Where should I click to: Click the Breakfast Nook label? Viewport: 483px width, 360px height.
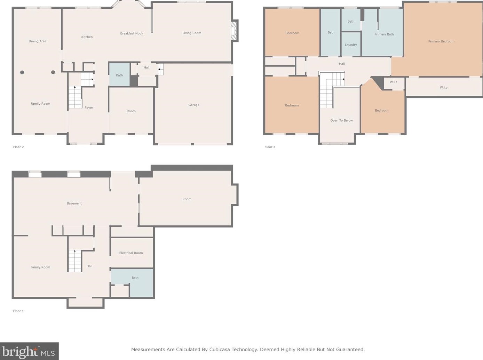pyautogui.click(x=132, y=33)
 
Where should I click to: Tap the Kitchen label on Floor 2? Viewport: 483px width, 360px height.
pyautogui.click(x=87, y=37)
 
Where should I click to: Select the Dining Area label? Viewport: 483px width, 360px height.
pyautogui.click(x=37, y=41)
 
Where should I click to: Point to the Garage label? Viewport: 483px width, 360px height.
pyautogui.click(x=193, y=105)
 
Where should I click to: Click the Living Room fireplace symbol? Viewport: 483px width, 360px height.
pyautogui.click(x=234, y=31)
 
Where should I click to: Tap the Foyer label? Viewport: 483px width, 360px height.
pyautogui.click(x=89, y=108)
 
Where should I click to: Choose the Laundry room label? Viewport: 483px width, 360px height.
pyautogui.click(x=351, y=45)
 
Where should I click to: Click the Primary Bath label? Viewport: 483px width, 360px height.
pyautogui.click(x=384, y=34)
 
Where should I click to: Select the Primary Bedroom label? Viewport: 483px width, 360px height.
pyautogui.click(x=441, y=41)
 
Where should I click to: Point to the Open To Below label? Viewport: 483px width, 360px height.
pyautogui.click(x=341, y=120)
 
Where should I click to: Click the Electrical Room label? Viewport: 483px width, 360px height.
pyautogui.click(x=131, y=253)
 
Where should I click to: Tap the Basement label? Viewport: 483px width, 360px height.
pyautogui.click(x=74, y=203)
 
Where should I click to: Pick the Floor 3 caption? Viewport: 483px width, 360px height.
pyautogui.click(x=270, y=147)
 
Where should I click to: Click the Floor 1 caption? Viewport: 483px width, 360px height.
pyautogui.click(x=18, y=311)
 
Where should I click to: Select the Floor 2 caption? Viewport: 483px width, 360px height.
pyautogui.click(x=18, y=147)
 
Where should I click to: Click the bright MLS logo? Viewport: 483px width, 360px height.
pyautogui.click(x=29, y=351)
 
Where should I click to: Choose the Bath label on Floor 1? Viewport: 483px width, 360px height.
pyautogui.click(x=135, y=278)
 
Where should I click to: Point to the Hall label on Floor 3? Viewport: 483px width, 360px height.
pyautogui.click(x=342, y=64)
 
